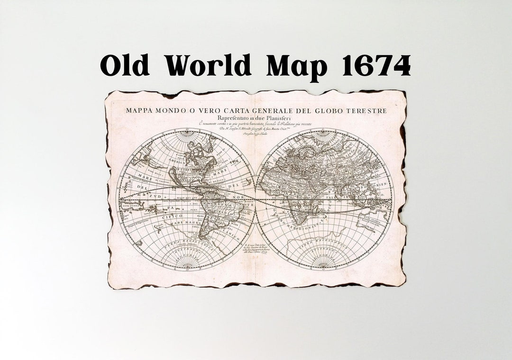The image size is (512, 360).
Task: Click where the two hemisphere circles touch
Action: (256, 199)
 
